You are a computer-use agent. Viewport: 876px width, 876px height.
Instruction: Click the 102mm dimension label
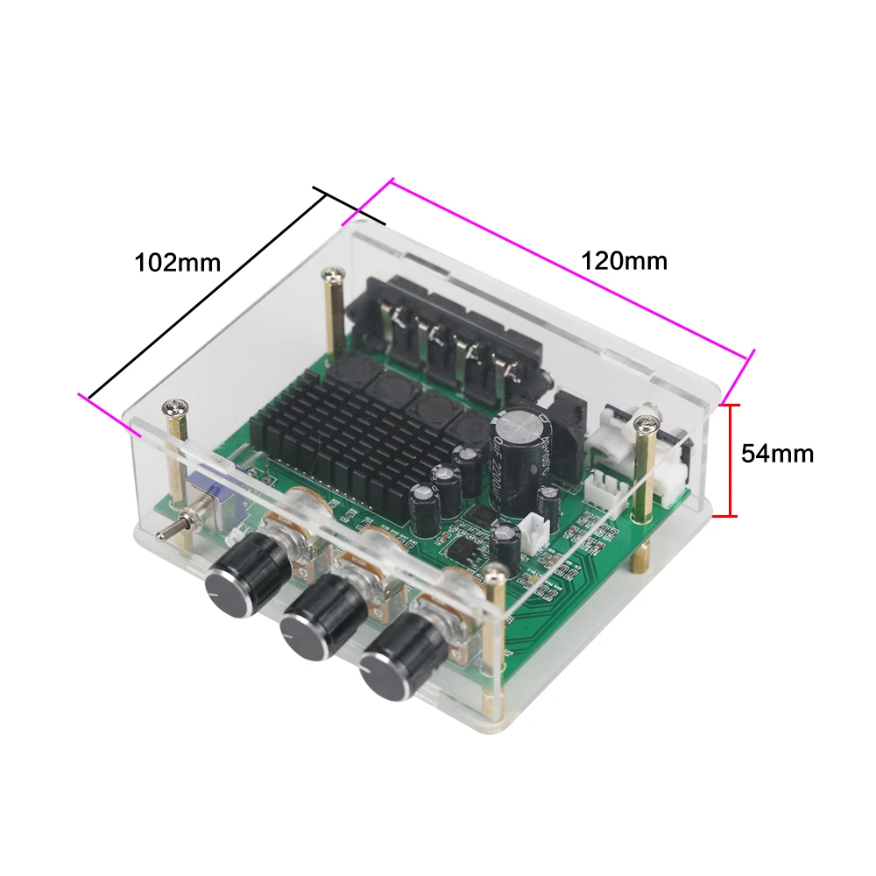(x=177, y=262)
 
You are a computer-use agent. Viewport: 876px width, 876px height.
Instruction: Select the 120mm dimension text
(x=624, y=260)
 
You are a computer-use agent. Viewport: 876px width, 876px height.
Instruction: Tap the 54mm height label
(x=777, y=454)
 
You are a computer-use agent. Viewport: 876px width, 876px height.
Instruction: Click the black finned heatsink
(x=350, y=438)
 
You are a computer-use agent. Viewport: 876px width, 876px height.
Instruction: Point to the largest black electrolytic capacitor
(x=521, y=442)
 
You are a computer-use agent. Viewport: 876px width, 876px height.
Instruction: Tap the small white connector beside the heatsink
(x=533, y=531)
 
